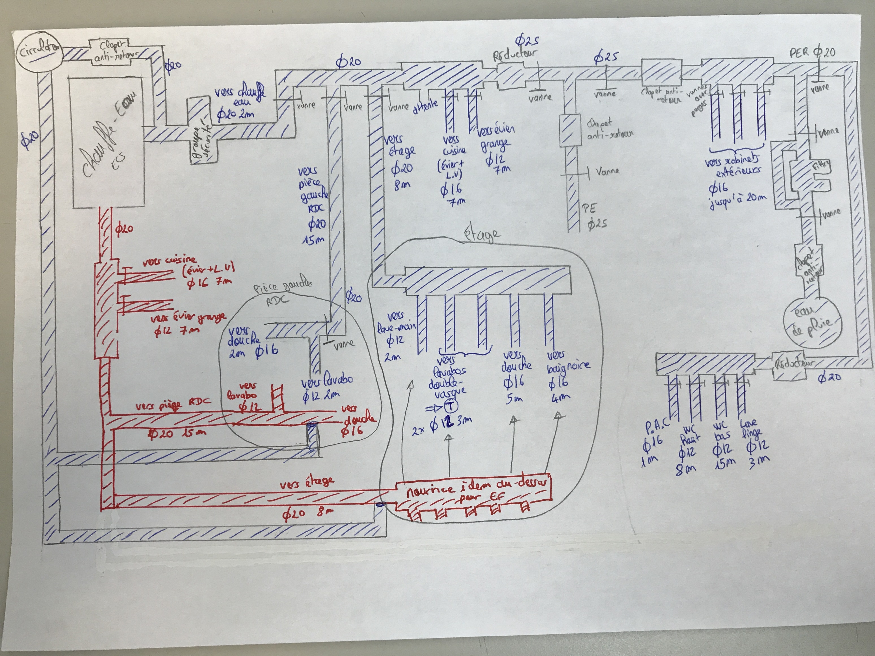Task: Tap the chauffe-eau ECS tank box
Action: (107, 142)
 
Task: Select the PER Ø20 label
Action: (813, 53)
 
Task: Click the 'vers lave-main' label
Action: (396, 322)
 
